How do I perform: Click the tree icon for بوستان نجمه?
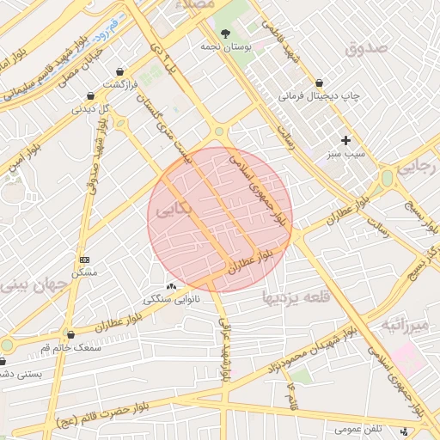pos(226,34)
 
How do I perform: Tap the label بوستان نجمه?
pos(226,48)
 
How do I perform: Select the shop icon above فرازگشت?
pos(119,70)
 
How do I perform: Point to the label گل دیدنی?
pos(94,109)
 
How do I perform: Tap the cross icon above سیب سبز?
pos(345,140)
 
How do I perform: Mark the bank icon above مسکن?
pos(84,259)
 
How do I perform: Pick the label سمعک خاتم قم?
pos(75,347)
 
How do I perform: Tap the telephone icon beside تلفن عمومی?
pos(405,430)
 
